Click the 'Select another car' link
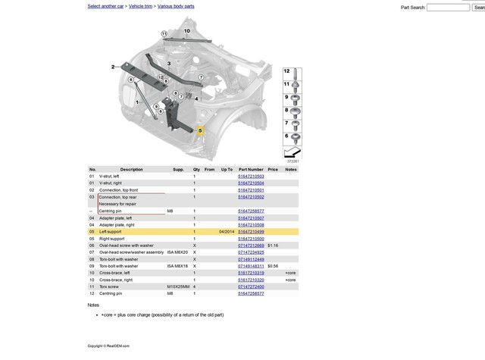105,6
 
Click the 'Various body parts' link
176,6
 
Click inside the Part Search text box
448,8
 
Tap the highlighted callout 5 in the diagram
201,131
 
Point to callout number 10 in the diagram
187,31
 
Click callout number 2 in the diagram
113,67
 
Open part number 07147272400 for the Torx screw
251,286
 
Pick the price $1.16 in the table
273,246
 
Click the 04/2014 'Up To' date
227,231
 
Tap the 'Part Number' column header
251,169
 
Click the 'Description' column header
131,169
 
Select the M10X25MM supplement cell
178,286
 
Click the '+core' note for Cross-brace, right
290,280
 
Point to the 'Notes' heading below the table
93,305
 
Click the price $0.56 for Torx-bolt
273,266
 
